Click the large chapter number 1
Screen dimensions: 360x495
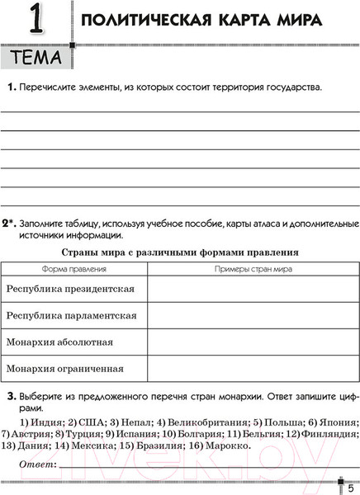point(34,21)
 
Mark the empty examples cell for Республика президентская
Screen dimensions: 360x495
point(253,290)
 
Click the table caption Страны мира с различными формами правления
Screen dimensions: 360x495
point(180,252)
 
